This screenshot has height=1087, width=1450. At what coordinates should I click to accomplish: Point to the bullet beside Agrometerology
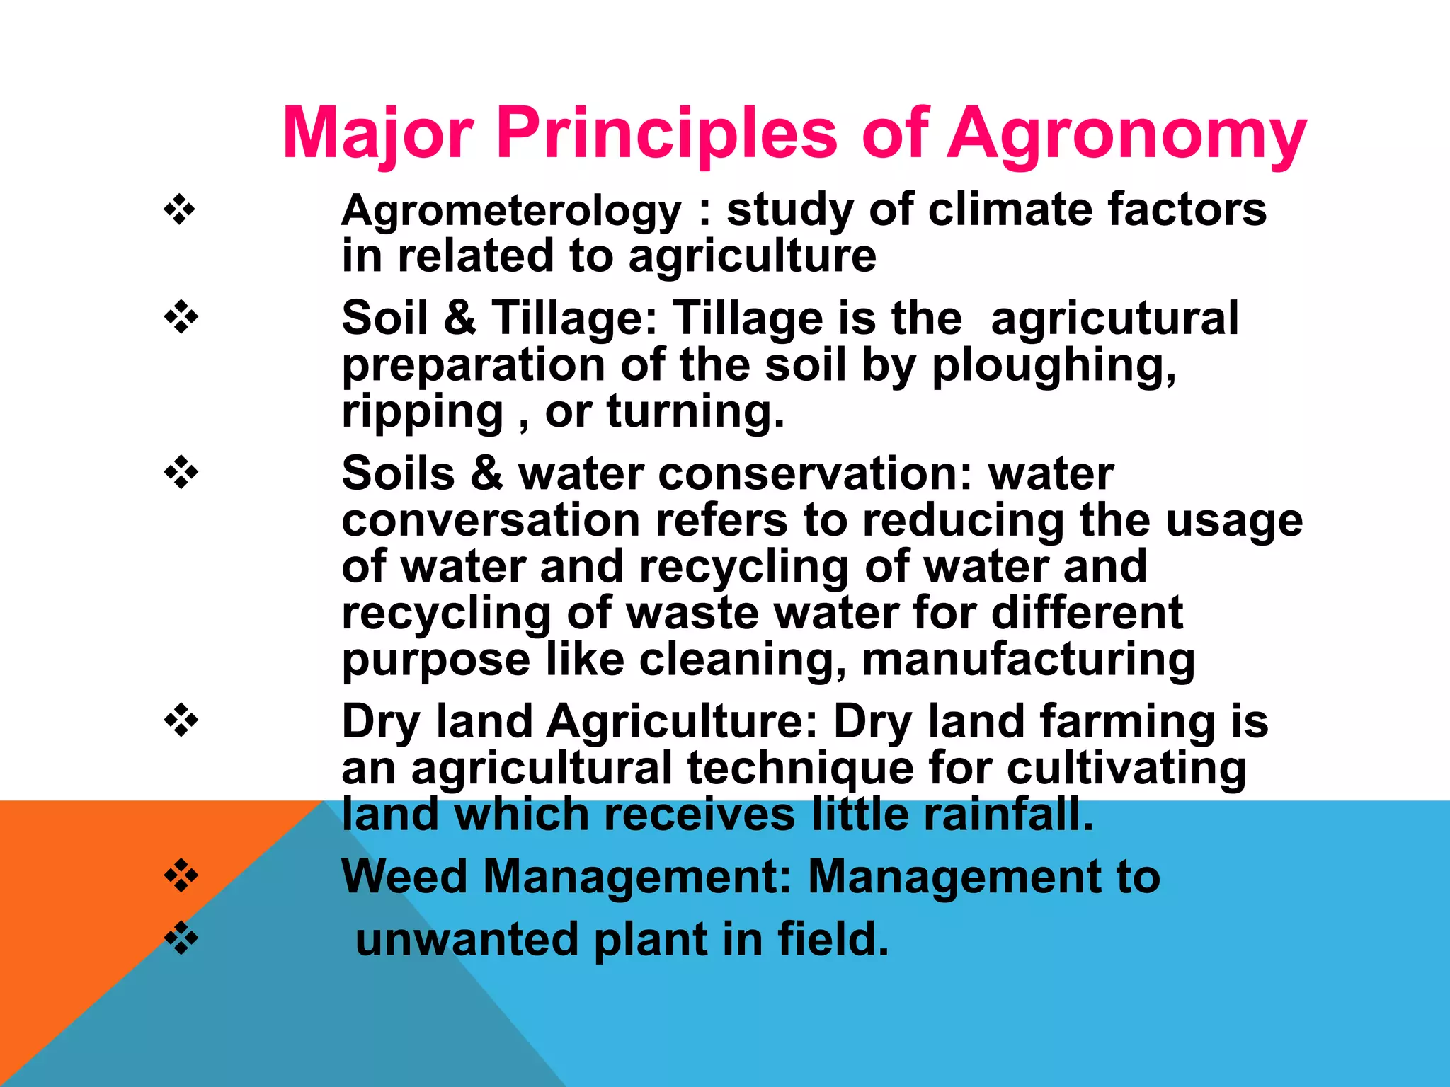(181, 210)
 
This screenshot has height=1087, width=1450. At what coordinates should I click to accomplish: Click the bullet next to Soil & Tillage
(181, 317)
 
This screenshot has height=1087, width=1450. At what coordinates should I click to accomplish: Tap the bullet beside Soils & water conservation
(181, 473)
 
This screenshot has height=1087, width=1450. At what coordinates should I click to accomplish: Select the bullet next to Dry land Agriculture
(181, 720)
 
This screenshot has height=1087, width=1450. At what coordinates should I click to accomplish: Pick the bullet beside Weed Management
(181, 876)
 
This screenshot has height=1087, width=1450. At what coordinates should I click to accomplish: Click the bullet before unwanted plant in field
(181, 938)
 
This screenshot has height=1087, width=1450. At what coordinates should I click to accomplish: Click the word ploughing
(1054, 367)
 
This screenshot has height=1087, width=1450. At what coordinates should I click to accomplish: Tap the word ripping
(422, 413)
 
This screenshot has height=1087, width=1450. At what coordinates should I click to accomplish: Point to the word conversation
(491, 520)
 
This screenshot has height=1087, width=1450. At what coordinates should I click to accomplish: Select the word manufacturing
(1028, 660)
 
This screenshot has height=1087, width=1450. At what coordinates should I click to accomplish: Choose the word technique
(800, 769)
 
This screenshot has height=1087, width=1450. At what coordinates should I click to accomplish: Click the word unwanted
(467, 940)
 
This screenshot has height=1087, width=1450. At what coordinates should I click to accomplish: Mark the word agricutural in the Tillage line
(1114, 318)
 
